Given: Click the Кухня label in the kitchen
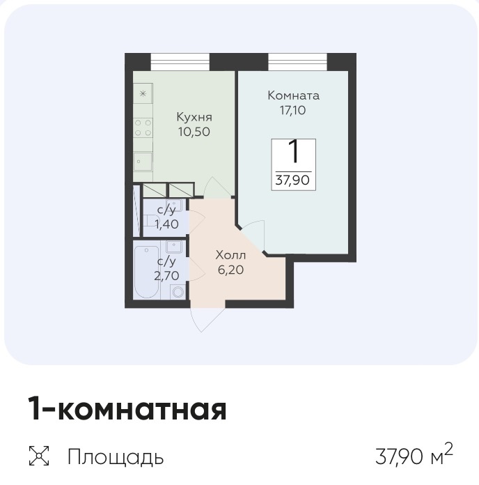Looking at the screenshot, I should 194,116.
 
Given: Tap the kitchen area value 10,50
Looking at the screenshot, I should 194,131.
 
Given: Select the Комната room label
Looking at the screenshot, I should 293,95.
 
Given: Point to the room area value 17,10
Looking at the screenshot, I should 293,109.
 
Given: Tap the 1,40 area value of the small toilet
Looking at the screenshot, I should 166,224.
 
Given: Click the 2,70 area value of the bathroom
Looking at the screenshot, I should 166,275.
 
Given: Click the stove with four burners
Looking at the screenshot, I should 143,128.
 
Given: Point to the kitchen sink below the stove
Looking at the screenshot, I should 143,162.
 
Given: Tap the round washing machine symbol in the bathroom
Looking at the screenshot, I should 178,293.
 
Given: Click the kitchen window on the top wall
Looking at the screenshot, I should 180,62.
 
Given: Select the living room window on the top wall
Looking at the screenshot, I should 297,62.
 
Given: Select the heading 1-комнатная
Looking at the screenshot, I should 127,409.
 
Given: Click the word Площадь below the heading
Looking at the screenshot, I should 116,457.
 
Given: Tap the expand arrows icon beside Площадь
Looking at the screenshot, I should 40,457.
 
